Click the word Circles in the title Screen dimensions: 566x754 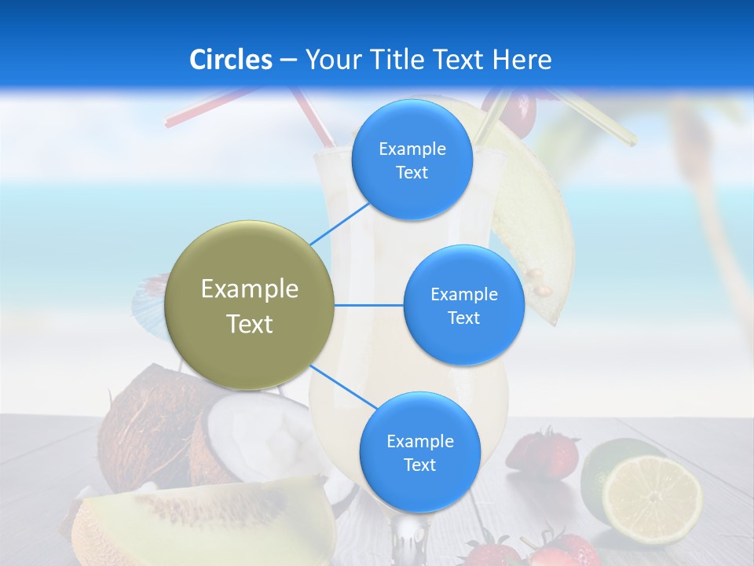[x=231, y=60]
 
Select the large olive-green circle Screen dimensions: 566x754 [x=250, y=305]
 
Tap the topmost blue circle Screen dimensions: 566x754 [x=412, y=160]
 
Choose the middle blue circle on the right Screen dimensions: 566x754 [x=463, y=305]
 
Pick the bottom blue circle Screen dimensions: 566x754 [x=419, y=452]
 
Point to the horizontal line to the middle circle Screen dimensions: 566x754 [x=369, y=305]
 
